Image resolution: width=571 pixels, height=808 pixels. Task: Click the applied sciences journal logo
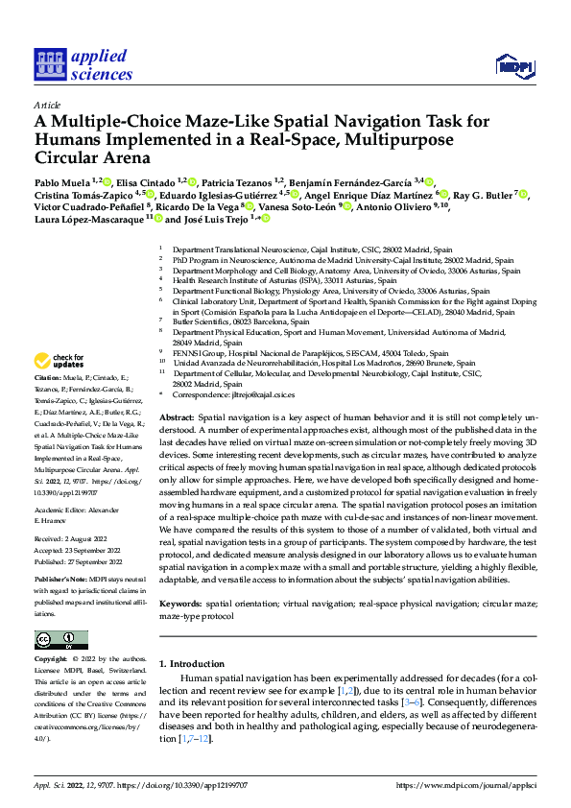[83, 65]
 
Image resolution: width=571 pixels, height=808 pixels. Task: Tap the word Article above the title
[46, 105]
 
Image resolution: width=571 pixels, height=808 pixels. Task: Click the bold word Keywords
[179, 606]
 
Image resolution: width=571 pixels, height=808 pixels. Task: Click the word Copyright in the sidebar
[52, 660]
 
